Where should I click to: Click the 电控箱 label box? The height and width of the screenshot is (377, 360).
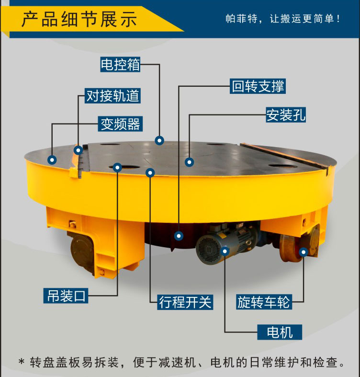(120, 65)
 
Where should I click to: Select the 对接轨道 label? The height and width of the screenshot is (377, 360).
(112, 96)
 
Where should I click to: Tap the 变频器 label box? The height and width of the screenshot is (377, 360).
(120, 124)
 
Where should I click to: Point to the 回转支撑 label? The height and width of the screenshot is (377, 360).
(258, 86)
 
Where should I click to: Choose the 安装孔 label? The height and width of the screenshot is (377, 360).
(286, 114)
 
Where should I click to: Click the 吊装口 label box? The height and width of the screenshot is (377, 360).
(66, 296)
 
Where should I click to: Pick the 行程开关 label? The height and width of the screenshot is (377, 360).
(185, 302)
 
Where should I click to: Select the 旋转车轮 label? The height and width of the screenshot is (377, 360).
(264, 302)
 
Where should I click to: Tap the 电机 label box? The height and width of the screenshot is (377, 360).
(280, 332)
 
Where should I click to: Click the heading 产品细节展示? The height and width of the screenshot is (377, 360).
(79, 19)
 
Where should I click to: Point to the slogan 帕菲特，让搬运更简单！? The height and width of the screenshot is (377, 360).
(283, 19)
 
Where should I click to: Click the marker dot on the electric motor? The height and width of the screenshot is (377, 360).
(225, 251)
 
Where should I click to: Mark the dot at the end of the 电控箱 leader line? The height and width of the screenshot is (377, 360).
(159, 140)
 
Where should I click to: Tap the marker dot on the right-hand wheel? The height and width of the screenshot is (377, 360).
(304, 252)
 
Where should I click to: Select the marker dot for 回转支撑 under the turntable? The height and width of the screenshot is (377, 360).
(179, 236)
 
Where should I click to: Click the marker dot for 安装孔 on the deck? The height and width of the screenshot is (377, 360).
(189, 162)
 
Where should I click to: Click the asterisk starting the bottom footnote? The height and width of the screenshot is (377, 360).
(22, 362)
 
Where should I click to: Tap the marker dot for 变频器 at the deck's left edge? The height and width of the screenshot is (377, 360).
(52, 160)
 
